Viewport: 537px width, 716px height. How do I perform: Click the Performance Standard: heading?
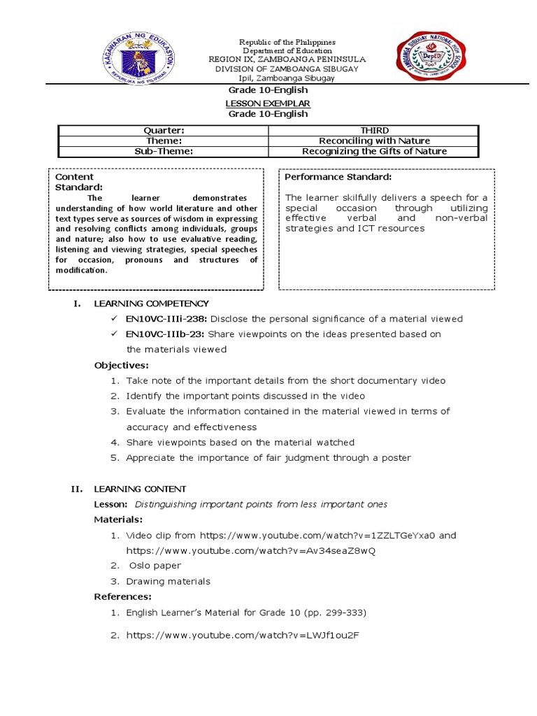coord(338,178)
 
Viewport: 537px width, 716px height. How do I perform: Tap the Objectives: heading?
coord(122,365)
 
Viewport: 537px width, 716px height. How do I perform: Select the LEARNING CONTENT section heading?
coord(140,489)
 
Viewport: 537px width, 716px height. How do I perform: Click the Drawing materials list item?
coord(168,581)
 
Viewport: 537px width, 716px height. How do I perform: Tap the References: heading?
coord(122,596)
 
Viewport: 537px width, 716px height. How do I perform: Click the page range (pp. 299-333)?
coord(329,613)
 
